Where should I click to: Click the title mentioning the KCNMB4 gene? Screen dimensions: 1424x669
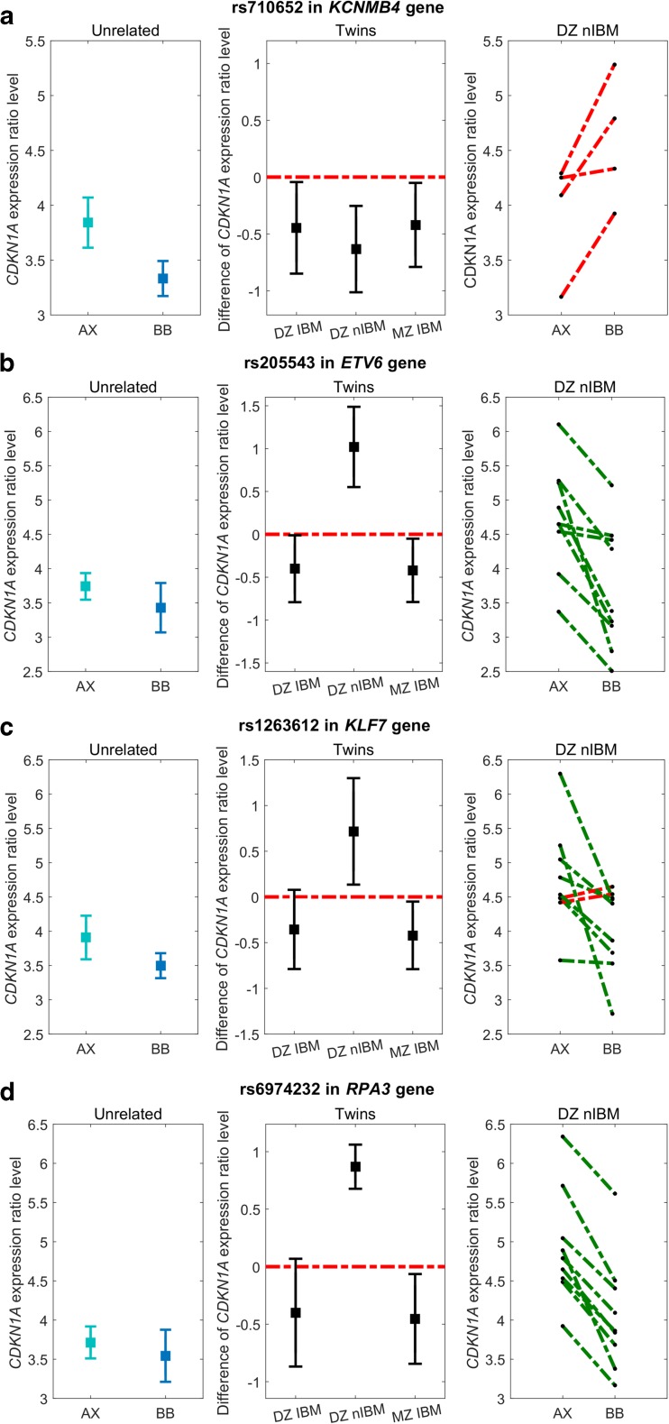[x=357, y=10]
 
